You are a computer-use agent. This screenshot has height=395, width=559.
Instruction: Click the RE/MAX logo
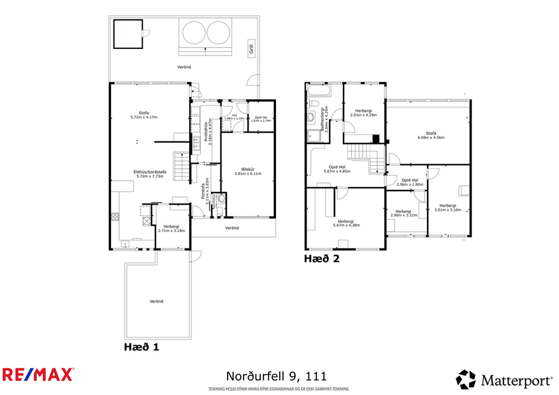click(x=38, y=374)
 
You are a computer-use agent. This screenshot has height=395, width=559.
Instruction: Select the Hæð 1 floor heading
click(x=141, y=347)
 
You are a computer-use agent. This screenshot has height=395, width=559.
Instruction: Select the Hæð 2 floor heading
click(x=322, y=259)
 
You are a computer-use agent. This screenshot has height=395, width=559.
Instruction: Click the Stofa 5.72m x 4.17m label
click(x=143, y=115)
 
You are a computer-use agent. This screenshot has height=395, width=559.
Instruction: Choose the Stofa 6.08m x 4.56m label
click(x=431, y=135)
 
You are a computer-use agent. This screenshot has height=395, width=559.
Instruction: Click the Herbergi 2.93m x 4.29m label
click(x=363, y=113)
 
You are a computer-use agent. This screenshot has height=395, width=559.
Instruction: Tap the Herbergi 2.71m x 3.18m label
click(x=171, y=229)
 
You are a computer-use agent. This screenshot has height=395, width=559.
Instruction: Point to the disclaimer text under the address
click(x=279, y=389)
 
